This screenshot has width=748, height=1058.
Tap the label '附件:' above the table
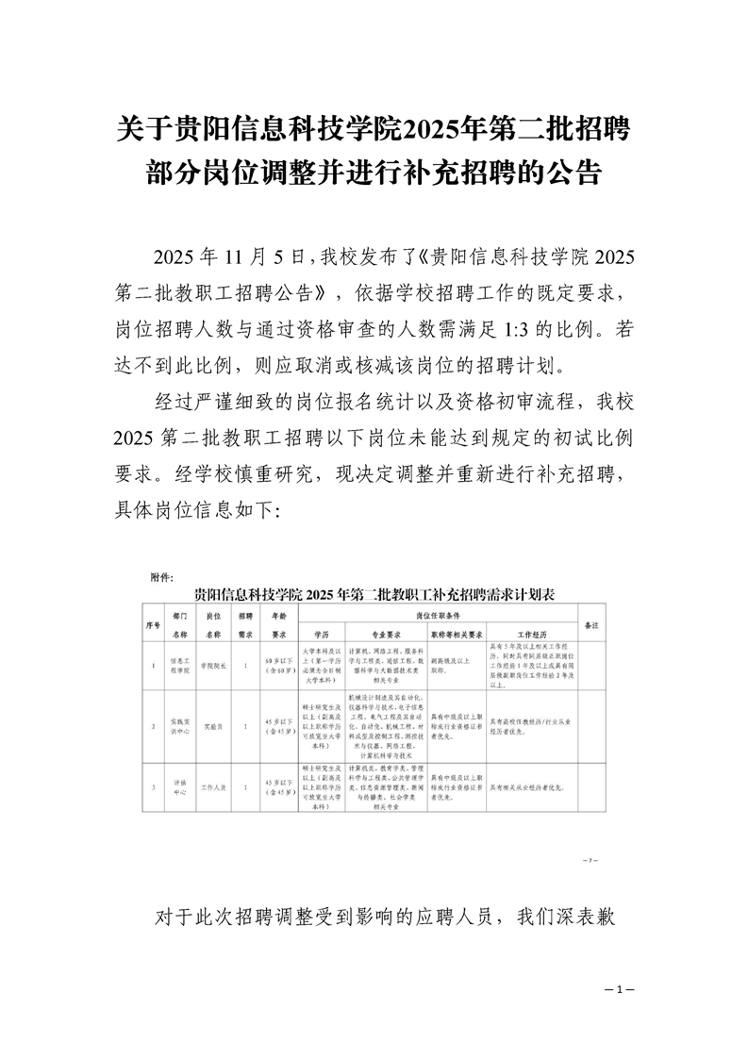click(156, 576)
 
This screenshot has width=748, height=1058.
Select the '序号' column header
click(153, 624)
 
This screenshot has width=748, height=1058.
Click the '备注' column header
click(593, 624)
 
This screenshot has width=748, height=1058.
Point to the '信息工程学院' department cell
click(180, 666)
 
